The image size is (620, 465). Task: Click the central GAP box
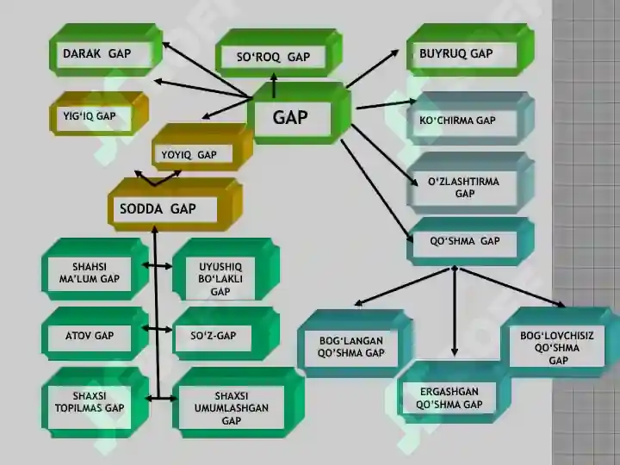point(300,114)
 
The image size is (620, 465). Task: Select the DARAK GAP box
point(106,50)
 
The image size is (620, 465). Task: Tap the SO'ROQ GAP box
point(279,53)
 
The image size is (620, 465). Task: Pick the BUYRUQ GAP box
point(470,50)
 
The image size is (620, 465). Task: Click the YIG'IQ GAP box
point(99,114)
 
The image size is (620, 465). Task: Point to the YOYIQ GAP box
point(202,147)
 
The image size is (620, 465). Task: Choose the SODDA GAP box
point(175,205)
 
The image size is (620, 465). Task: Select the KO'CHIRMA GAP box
point(470,119)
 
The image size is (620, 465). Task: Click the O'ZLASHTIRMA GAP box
point(470,183)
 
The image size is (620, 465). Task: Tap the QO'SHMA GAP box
point(470,242)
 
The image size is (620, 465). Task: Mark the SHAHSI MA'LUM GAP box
point(96,270)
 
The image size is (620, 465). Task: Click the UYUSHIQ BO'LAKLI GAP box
point(226,270)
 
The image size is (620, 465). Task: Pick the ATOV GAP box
point(96,334)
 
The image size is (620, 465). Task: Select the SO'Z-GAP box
point(226,334)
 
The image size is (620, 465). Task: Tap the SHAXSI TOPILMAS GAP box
point(96,402)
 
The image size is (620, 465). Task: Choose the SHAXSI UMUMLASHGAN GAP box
point(239,402)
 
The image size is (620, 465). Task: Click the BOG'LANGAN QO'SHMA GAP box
point(356,344)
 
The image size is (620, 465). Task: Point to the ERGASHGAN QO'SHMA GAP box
point(454,393)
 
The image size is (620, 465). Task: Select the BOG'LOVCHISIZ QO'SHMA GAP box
point(561,343)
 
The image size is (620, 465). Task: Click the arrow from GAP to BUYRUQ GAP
point(372,69)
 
